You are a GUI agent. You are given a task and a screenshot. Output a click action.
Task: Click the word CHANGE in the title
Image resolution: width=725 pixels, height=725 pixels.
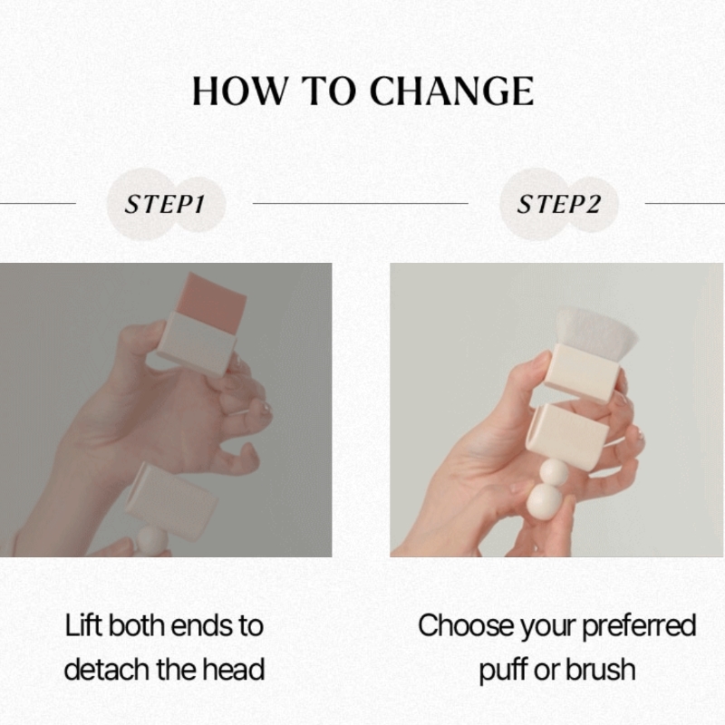pos(451,91)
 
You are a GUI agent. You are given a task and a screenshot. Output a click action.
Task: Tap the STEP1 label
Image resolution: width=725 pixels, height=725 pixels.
pos(164,204)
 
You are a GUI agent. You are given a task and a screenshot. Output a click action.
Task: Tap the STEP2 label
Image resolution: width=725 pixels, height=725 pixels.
pos(558,204)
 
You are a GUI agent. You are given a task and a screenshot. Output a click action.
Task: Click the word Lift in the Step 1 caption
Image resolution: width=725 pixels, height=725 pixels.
pos(83,625)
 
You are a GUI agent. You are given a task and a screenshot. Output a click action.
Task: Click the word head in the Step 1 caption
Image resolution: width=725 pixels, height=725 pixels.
pos(234,669)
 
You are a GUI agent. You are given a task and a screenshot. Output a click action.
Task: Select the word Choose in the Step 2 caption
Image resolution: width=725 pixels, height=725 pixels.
pos(466,625)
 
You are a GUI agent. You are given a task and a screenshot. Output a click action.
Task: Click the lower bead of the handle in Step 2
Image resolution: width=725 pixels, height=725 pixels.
pos(545,501)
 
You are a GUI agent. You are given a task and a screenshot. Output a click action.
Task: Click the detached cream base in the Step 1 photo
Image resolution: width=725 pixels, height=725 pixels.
pos(171,500)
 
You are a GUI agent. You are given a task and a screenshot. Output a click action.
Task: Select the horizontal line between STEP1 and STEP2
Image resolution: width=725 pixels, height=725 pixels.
pos(360,203)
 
